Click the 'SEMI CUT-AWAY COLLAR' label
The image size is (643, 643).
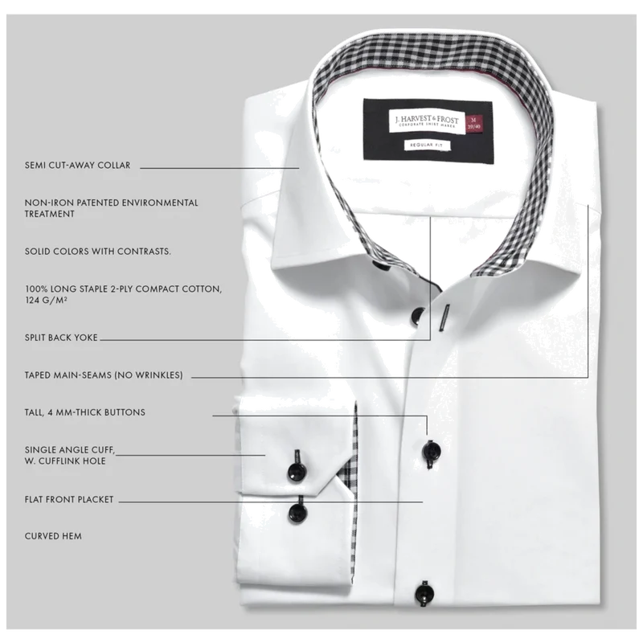coord(77,166)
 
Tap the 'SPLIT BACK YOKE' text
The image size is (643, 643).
coord(61,338)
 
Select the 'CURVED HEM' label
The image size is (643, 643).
coord(53,536)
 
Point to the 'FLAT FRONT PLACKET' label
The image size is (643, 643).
coord(69,499)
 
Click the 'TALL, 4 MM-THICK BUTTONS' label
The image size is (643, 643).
coord(85,412)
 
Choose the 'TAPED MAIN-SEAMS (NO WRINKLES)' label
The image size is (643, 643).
coord(104,375)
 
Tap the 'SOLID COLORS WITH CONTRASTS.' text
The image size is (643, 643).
coord(98,251)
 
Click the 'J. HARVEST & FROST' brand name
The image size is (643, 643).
coord(427,119)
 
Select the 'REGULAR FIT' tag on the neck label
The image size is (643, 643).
coord(427,145)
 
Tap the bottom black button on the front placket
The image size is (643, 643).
coord(424,592)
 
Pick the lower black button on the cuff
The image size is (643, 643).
coord(297,513)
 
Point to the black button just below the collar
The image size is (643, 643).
coord(418,315)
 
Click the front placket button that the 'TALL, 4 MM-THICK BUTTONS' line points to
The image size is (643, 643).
coord(432,451)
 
